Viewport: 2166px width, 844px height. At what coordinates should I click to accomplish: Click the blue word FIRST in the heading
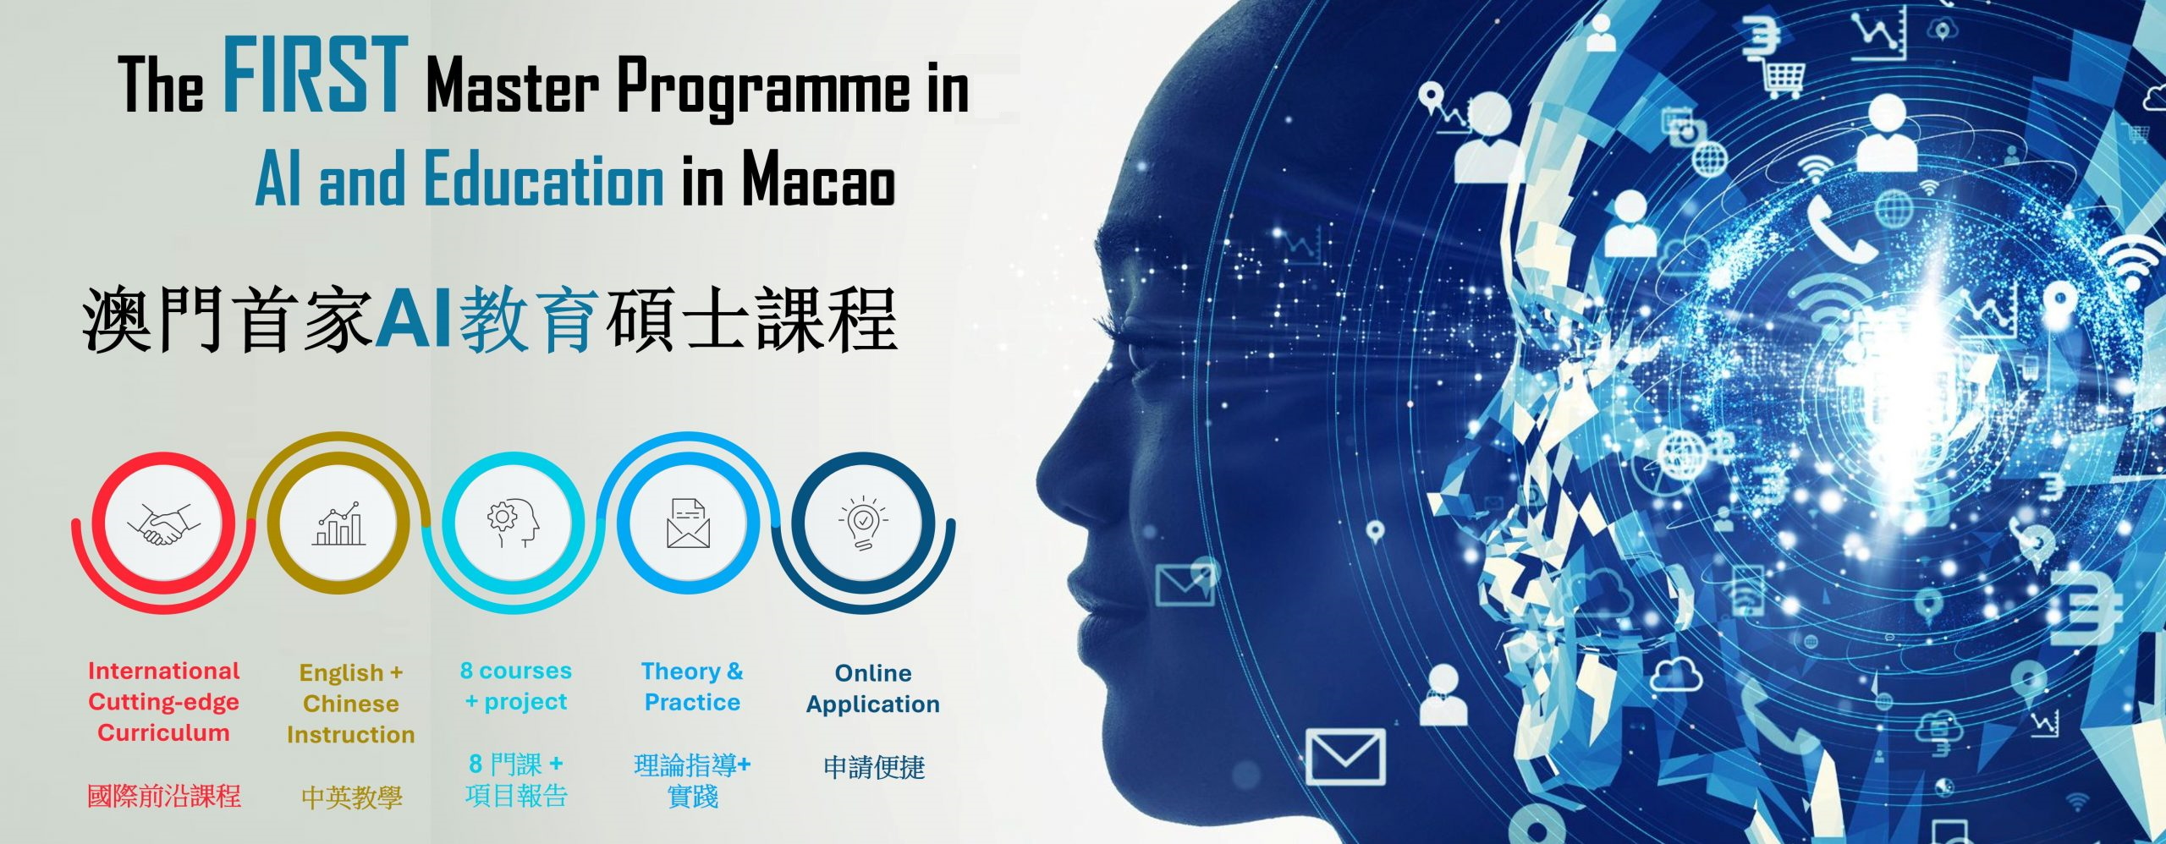(x=315, y=74)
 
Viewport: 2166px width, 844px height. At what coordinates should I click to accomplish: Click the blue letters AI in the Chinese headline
(x=414, y=320)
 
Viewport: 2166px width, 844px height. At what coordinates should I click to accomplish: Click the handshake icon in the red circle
(x=161, y=524)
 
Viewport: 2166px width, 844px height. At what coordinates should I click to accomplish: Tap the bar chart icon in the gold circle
(x=338, y=523)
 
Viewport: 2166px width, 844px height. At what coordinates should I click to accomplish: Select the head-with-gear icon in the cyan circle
(x=513, y=523)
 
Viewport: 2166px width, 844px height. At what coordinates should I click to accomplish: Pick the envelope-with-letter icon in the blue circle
(x=688, y=523)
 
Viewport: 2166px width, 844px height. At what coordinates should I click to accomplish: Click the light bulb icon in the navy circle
(x=862, y=523)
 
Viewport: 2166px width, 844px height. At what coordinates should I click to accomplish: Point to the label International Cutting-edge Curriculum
(x=163, y=702)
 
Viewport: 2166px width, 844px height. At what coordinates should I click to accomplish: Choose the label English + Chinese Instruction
(x=350, y=704)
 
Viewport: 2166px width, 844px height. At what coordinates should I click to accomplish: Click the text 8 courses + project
(x=515, y=686)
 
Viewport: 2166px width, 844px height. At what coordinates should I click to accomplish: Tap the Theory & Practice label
(x=692, y=687)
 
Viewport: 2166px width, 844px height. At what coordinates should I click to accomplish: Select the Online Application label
(x=873, y=688)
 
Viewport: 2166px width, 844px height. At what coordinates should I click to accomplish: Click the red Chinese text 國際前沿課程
(x=164, y=796)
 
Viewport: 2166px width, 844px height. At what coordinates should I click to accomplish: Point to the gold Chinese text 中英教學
(x=351, y=797)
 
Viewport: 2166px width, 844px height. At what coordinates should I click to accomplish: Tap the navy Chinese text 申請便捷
(x=874, y=767)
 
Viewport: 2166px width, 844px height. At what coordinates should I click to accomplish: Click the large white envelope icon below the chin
(x=1345, y=756)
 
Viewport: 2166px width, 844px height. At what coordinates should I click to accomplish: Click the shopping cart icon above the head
(x=1783, y=79)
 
